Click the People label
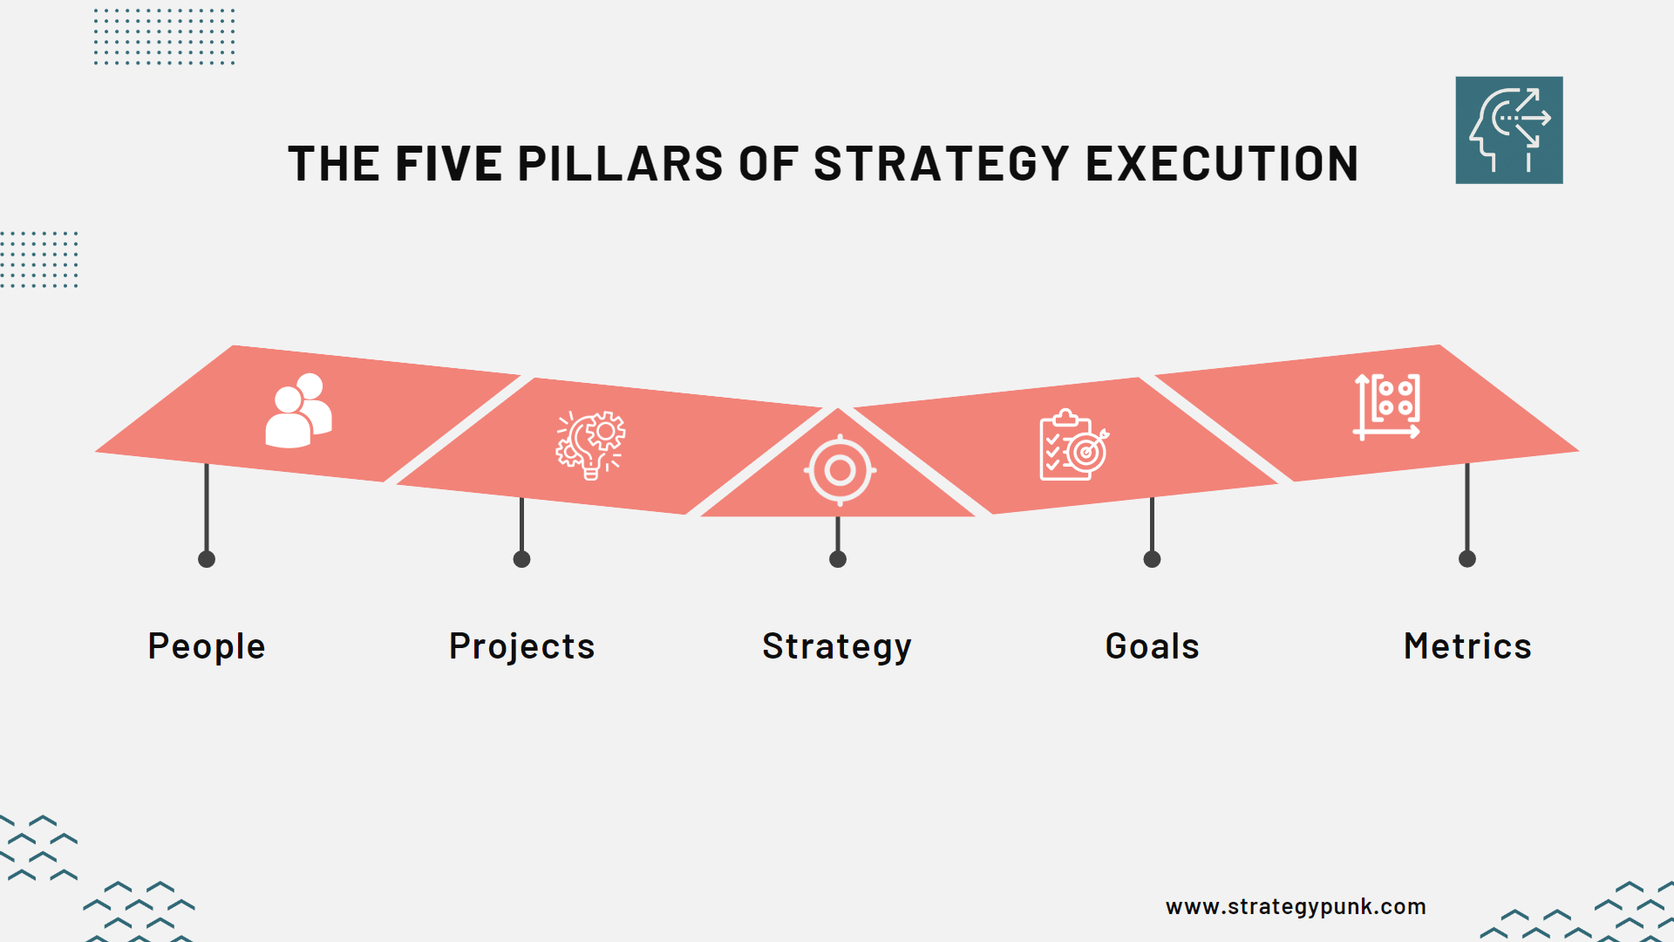pos(207,646)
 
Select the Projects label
pos(521,646)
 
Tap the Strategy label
pos(837,646)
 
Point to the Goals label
pos(1152,646)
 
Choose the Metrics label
pos(1467,646)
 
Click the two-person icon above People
pos(299,411)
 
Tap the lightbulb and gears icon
pos(591,445)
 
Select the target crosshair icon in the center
pos(840,470)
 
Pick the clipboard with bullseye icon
pos(1073,445)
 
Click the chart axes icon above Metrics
pos(1387,406)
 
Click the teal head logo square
pos(1508,130)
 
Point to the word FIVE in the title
pos(449,164)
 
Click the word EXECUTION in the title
pos(1221,164)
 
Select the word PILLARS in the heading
pos(620,164)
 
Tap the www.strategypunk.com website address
pos(1296,906)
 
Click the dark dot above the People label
pos(207,559)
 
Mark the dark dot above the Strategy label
pos(838,559)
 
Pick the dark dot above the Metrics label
pos(1467,559)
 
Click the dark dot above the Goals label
pos(1152,559)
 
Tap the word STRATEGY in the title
pos(941,164)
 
